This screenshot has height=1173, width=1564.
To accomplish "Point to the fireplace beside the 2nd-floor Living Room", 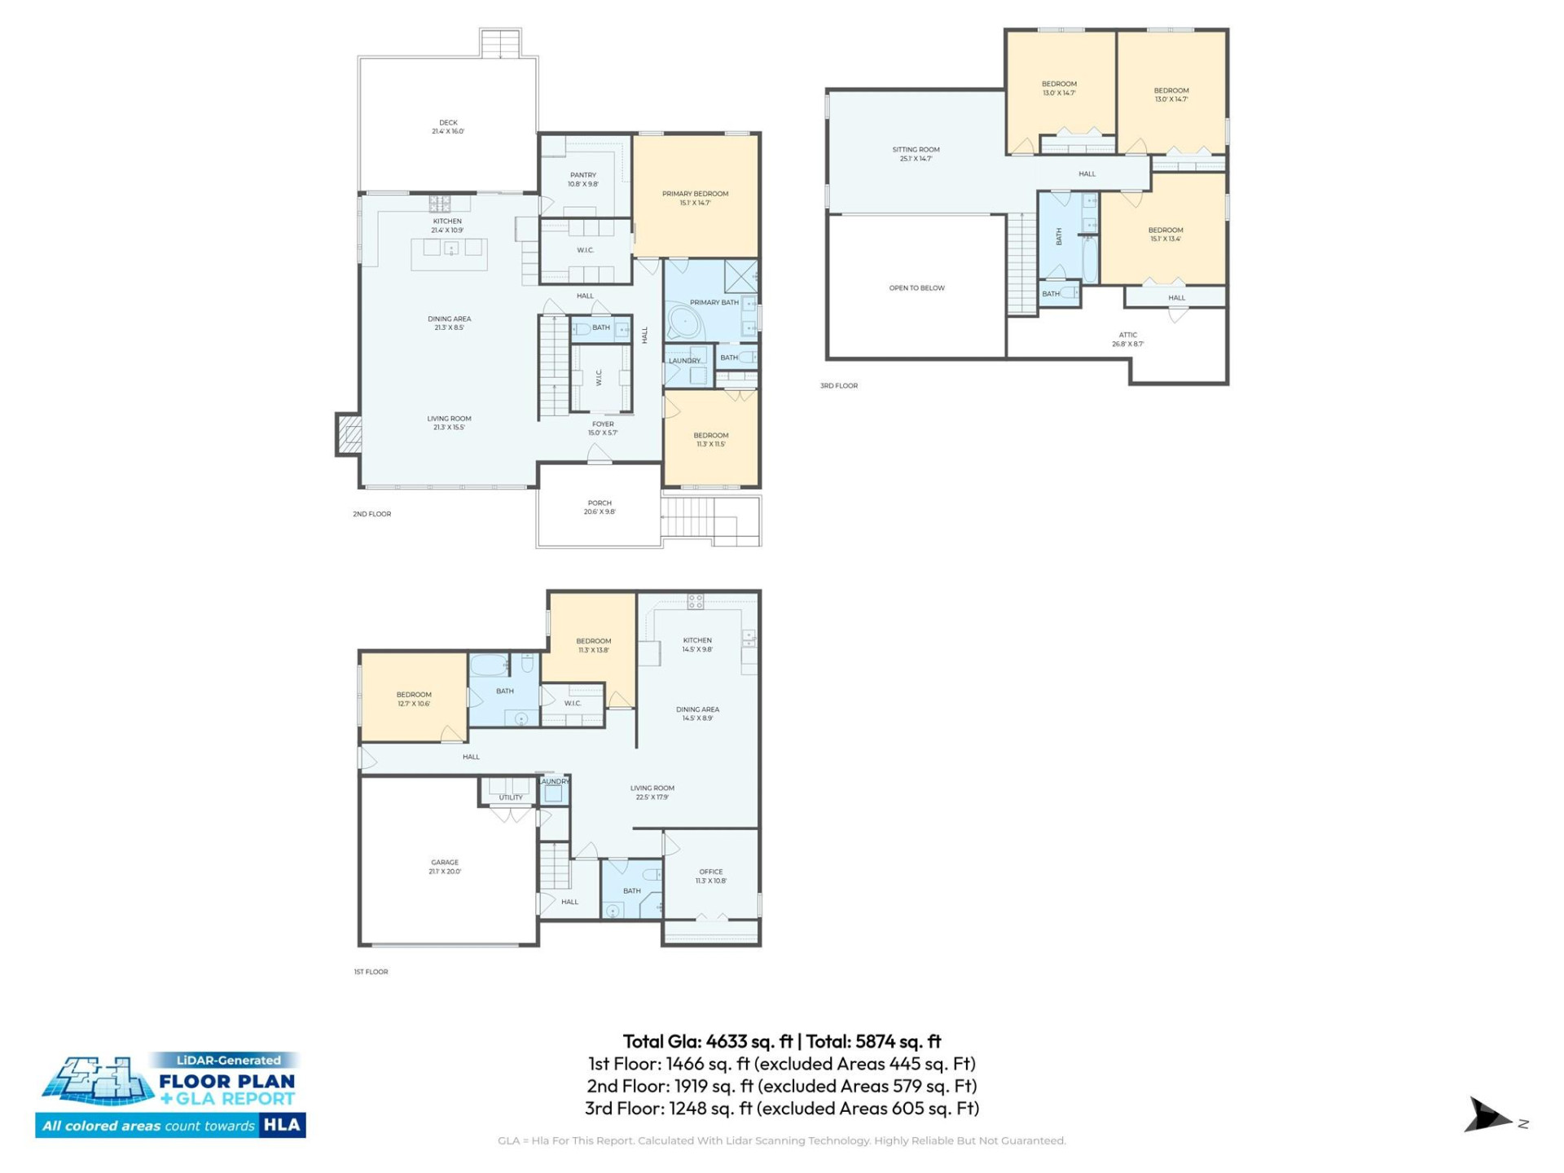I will click(x=349, y=433).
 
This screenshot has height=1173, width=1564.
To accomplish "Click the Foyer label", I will click(x=603, y=424).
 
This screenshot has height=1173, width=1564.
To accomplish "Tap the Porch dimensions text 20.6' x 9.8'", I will click(x=600, y=512).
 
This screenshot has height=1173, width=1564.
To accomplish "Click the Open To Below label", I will click(x=916, y=288).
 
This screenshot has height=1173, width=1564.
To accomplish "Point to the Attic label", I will click(x=1127, y=335).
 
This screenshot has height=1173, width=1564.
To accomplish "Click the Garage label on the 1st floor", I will click(x=445, y=862).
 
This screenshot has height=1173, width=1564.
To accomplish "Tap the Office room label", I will click(x=710, y=872).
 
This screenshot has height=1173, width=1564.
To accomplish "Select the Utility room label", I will click(x=511, y=797).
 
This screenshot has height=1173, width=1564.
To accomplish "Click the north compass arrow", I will click(x=1487, y=1116).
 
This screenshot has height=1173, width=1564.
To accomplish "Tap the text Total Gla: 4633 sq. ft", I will click(x=707, y=1041).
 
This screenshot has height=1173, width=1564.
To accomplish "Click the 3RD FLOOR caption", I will click(x=838, y=386).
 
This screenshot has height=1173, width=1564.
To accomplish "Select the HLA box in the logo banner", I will click(x=282, y=1125).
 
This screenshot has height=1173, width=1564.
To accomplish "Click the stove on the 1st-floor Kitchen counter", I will click(x=695, y=602).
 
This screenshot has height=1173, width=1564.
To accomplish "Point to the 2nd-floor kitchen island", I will click(x=450, y=253).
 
